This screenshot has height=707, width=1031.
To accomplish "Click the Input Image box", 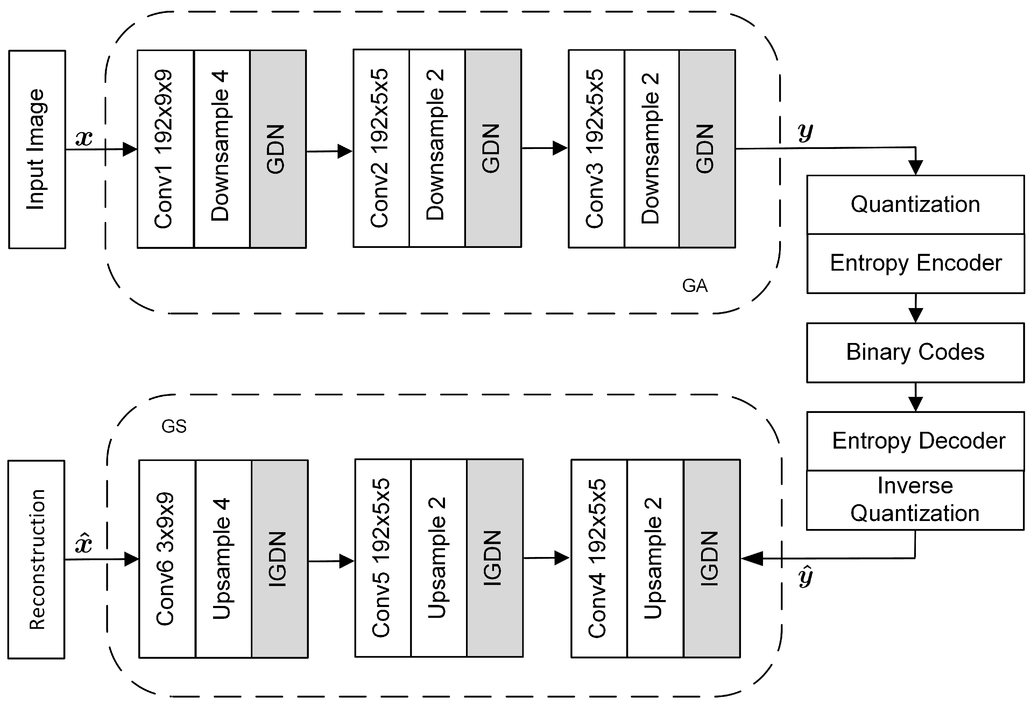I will (x=37, y=149).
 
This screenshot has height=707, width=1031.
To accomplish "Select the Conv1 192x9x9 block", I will (x=165, y=149).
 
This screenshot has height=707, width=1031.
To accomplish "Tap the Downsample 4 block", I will (x=221, y=149).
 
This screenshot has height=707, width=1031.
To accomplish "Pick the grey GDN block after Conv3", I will (x=707, y=149).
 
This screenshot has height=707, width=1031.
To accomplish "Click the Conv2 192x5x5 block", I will (x=381, y=149).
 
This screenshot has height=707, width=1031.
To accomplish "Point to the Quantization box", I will (x=915, y=205).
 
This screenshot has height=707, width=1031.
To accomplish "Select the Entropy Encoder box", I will (x=915, y=263).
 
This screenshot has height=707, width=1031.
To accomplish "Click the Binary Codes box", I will (x=915, y=352).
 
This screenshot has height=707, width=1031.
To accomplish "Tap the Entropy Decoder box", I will (x=915, y=441).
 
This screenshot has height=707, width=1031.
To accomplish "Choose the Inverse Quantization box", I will (x=915, y=500).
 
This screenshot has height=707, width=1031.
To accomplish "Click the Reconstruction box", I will (x=36, y=559).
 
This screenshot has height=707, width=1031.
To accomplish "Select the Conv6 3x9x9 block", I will (x=167, y=559).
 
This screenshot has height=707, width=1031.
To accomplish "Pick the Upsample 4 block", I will (x=223, y=559).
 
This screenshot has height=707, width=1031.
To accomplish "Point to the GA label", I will (x=695, y=286).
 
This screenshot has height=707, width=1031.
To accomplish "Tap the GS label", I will (x=174, y=427).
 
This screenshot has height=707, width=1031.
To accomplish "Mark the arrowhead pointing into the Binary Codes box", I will (x=916, y=316).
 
